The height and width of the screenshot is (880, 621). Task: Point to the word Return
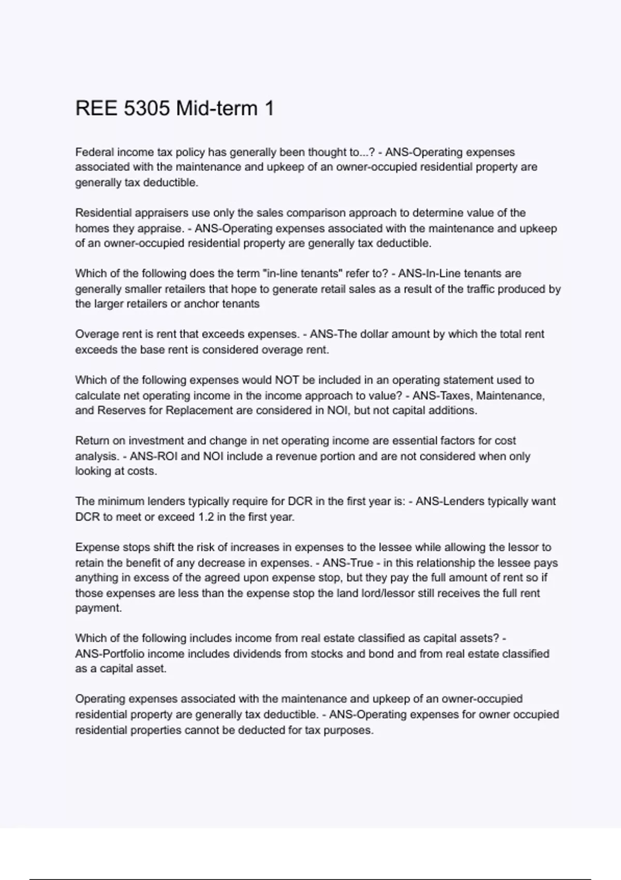pos(92,441)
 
